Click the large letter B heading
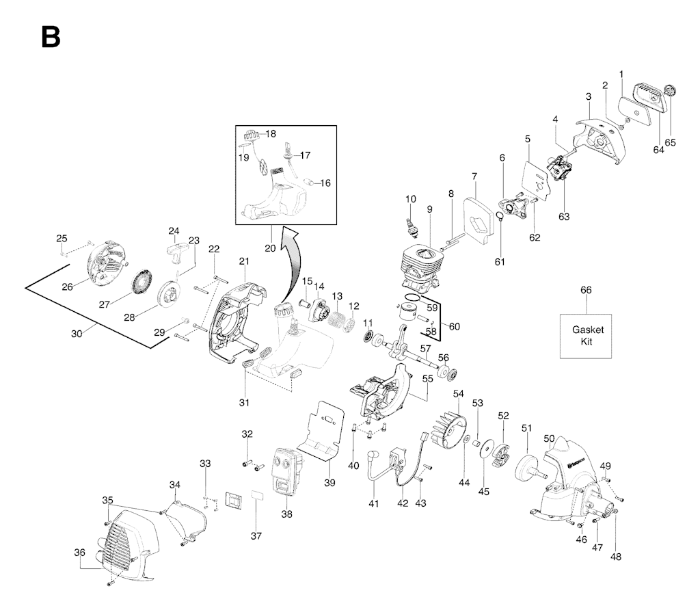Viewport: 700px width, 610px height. pos(51,37)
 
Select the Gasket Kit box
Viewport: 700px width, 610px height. pos(586,336)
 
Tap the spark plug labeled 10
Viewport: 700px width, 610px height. pos(411,227)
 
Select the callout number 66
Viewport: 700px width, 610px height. pos(586,290)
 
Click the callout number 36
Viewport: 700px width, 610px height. pos(79,553)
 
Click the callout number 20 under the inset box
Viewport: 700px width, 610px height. pos(270,248)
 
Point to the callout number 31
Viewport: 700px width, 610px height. pos(244,402)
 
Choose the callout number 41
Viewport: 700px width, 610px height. pos(374,503)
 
